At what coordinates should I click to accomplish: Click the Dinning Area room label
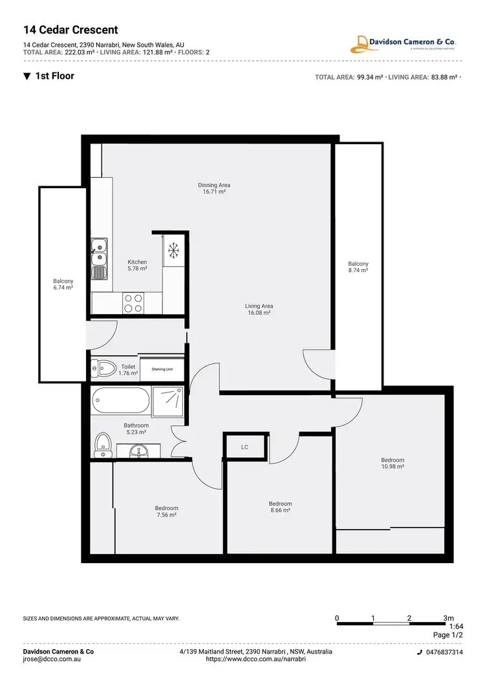tap(214, 188)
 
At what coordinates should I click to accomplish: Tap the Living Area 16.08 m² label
tap(259, 309)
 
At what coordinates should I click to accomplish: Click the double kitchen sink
tap(100, 253)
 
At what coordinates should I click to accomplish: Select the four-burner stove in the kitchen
tap(134, 303)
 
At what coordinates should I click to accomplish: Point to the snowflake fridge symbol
tap(173, 249)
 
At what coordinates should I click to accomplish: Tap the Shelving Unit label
tap(162, 369)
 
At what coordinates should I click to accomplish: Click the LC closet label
tap(244, 447)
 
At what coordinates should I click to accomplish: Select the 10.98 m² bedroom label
tap(393, 463)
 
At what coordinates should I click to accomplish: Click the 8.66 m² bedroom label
tap(280, 507)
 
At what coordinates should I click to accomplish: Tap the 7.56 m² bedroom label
tap(166, 511)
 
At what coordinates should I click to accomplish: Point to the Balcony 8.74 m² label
tap(358, 267)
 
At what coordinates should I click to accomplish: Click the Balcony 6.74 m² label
tap(63, 284)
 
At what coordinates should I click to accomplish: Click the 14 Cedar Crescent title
tap(70, 30)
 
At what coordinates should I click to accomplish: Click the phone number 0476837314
tap(443, 652)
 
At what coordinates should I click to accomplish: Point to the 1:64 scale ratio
tap(457, 627)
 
